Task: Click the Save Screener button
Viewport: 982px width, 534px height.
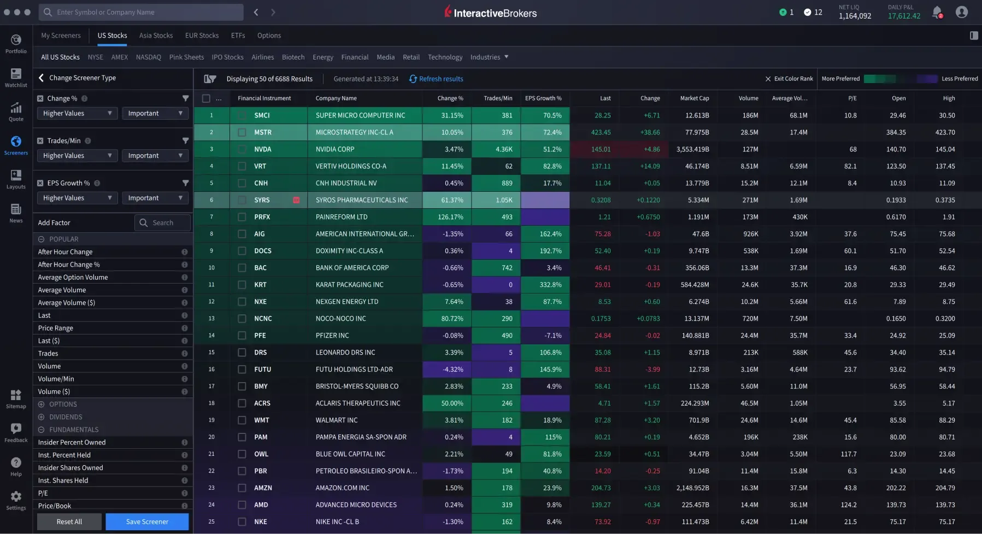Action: pos(147,521)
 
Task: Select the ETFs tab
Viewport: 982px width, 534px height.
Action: pos(238,36)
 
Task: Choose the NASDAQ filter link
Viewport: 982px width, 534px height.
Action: pos(149,57)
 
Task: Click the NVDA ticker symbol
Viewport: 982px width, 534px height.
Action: pos(262,149)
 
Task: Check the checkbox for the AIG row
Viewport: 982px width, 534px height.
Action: pos(242,234)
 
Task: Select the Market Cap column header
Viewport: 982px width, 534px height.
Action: pos(694,98)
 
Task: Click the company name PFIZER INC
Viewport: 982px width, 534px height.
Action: pos(332,336)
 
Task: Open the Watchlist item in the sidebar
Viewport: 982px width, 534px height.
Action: pos(16,78)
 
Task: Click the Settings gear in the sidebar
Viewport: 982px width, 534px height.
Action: pos(16,500)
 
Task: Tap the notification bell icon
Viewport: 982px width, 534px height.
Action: pos(937,12)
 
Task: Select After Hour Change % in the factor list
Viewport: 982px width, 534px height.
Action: pos(69,265)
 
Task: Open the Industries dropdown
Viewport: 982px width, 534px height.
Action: pos(489,57)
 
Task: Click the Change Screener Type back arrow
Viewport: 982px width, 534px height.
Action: pos(42,78)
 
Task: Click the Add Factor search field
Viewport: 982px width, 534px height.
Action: pos(162,222)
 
